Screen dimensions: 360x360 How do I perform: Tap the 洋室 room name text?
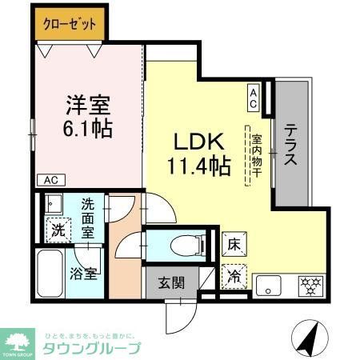[x=88, y=105]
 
